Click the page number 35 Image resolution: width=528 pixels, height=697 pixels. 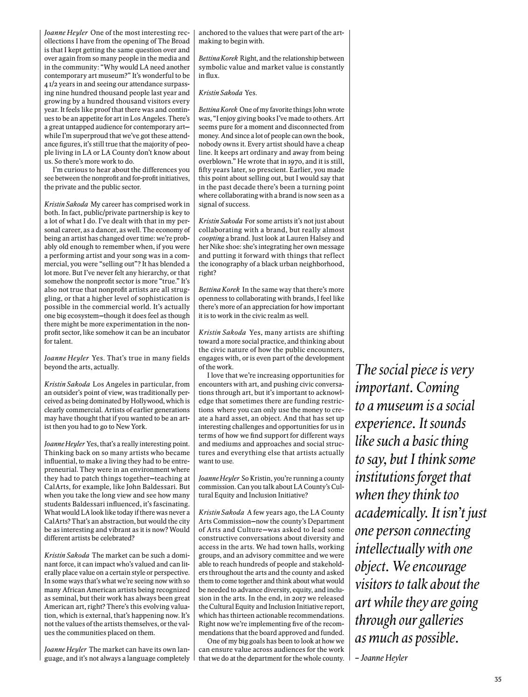[498, 680]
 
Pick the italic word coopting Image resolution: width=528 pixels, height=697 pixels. [212, 238]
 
